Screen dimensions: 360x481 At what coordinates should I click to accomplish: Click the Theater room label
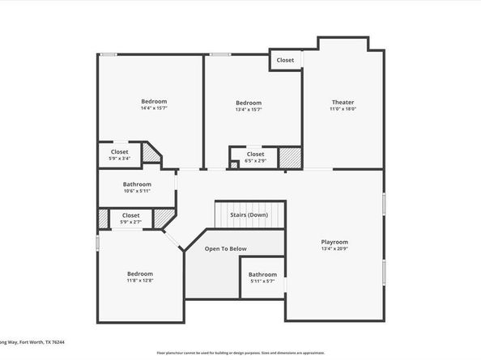click(x=343, y=102)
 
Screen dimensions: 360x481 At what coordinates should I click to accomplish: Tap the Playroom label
click(x=334, y=242)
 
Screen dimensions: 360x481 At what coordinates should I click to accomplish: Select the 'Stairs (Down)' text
click(x=249, y=215)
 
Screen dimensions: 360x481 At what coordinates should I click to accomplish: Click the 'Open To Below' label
click(x=226, y=248)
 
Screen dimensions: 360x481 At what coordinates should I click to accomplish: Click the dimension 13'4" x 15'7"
click(x=249, y=110)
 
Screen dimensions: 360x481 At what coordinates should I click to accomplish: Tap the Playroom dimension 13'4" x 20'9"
click(x=334, y=249)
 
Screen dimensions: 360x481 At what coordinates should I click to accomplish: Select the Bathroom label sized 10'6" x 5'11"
click(x=137, y=184)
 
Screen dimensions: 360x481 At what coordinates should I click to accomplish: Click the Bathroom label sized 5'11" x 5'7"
click(x=262, y=274)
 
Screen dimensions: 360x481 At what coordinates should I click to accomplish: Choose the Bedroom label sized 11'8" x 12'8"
click(x=140, y=273)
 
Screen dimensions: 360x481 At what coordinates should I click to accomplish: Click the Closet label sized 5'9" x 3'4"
click(x=119, y=151)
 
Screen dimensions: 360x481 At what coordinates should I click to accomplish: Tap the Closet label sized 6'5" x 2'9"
click(x=255, y=154)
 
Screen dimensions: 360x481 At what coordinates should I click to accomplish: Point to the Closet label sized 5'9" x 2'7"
click(x=130, y=215)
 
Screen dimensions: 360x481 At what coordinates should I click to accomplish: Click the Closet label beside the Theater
click(x=285, y=61)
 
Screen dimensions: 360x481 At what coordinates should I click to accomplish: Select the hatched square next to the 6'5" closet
click(x=290, y=158)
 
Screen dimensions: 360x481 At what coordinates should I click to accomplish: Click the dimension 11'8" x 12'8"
click(x=140, y=281)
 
